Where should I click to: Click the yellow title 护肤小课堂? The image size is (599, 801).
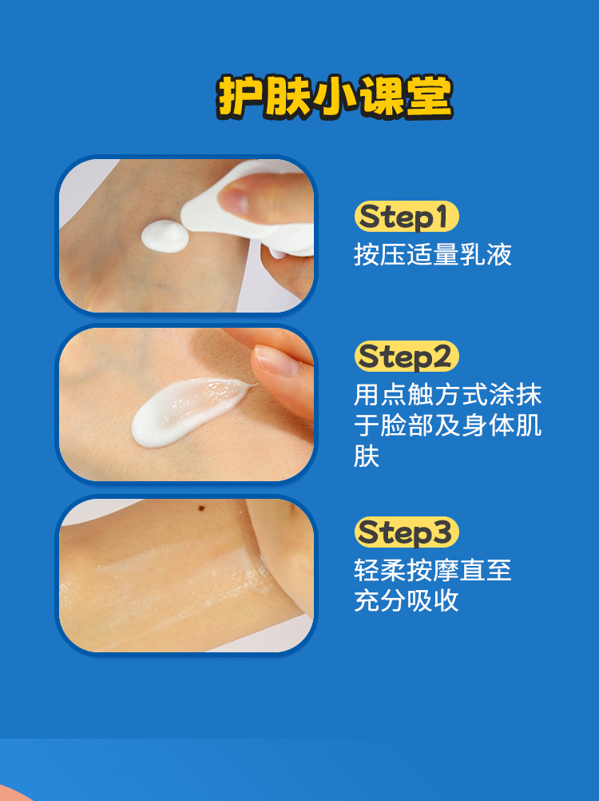pyautogui.click(x=335, y=97)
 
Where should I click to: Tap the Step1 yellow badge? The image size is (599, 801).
pyautogui.click(x=407, y=217)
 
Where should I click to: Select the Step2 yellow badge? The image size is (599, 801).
pyautogui.click(x=407, y=356)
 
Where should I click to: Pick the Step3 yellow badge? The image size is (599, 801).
pyautogui.click(x=407, y=532)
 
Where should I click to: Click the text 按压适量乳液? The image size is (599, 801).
pyautogui.click(x=433, y=254)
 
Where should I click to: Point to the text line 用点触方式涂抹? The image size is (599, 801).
pyautogui.click(x=447, y=394)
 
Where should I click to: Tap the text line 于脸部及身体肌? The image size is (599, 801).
pyautogui.click(x=447, y=425)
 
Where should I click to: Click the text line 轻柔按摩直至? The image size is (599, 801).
pyautogui.click(x=433, y=570)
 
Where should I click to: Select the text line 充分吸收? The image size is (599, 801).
pyautogui.click(x=407, y=601)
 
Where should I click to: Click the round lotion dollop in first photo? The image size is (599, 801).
pyautogui.click(x=165, y=237)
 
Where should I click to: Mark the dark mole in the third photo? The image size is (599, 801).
pyautogui.click(x=201, y=508)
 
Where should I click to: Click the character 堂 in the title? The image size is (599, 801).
pyautogui.click(x=430, y=97)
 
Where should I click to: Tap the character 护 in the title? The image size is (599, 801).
pyautogui.click(x=240, y=97)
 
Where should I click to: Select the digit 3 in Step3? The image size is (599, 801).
pyautogui.click(x=442, y=532)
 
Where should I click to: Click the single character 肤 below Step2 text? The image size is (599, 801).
pyautogui.click(x=367, y=456)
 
